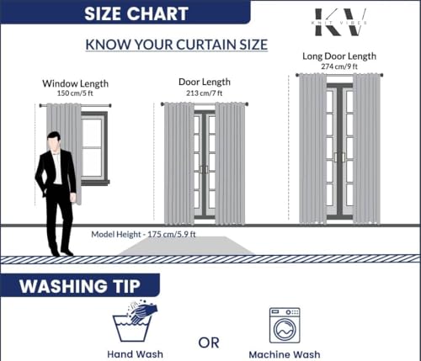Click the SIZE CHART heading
click(x=136, y=13)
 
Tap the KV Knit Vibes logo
click(x=340, y=22)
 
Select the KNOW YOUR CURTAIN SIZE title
click(x=177, y=45)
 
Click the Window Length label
click(x=75, y=83)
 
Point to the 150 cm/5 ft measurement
click(x=75, y=93)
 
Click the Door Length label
click(x=205, y=82)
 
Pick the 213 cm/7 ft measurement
click(x=204, y=93)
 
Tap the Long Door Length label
click(x=339, y=56)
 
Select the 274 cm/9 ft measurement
click(x=339, y=66)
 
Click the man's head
click(x=54, y=141)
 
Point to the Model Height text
click(x=143, y=234)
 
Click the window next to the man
click(x=94, y=148)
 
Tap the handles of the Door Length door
click(x=205, y=170)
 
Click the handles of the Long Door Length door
click(x=340, y=157)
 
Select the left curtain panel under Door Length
click(x=179, y=164)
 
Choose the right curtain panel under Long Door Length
click(x=366, y=149)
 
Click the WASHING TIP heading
click(x=80, y=286)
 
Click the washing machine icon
click(x=285, y=326)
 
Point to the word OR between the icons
click(x=209, y=342)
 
